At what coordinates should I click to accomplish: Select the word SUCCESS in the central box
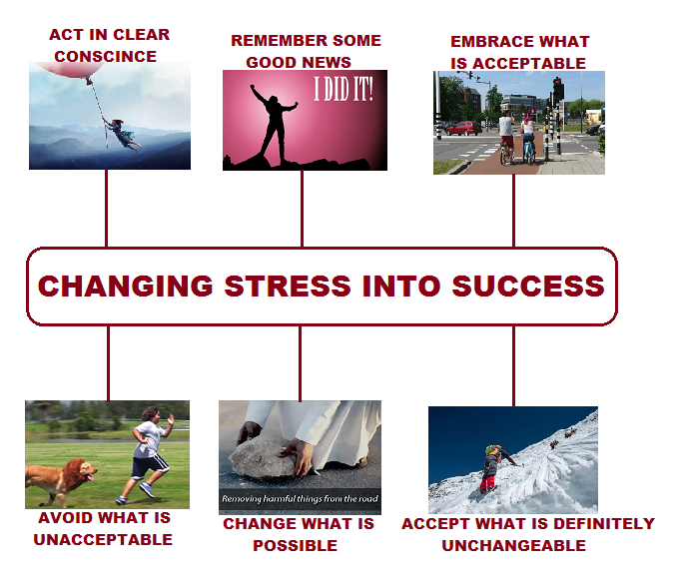(528, 286)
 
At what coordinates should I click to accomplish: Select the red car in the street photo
(462, 128)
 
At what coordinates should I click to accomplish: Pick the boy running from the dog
(148, 452)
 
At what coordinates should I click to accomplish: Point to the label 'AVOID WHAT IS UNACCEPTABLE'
(104, 529)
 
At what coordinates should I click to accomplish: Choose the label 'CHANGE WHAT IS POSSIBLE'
(298, 535)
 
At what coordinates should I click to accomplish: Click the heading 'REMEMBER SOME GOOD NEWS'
(306, 51)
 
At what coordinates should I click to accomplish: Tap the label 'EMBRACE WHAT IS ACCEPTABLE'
(519, 52)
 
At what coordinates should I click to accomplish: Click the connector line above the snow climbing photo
(513, 365)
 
